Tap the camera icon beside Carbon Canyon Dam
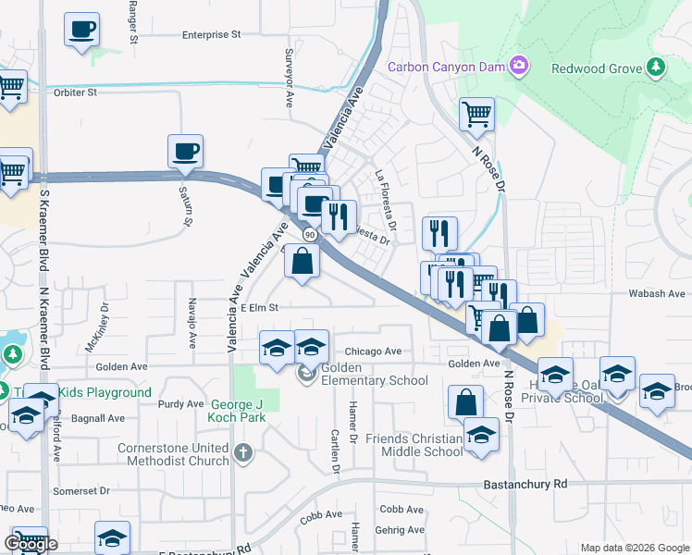(521, 66)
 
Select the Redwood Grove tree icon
(656, 67)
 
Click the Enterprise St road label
(211, 34)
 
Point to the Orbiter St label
(76, 92)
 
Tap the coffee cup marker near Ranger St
(81, 30)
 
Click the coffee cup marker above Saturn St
(185, 151)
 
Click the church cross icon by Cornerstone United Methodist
(243, 452)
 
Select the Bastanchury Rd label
(525, 485)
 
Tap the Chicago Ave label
(373, 351)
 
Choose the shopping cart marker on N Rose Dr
(476, 115)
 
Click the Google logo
(31, 545)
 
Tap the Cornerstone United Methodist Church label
(173, 455)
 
